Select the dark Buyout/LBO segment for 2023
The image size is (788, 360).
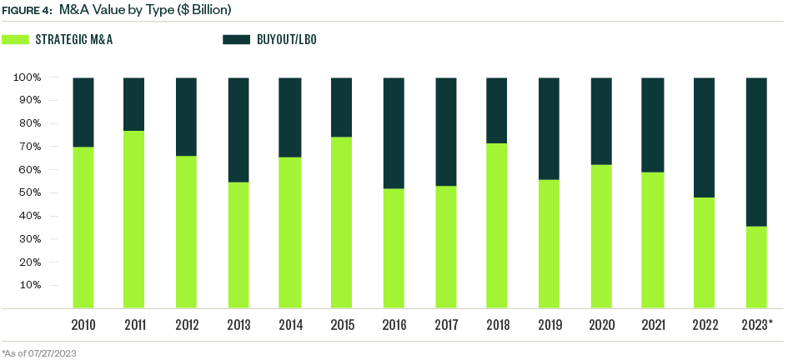click(757, 152)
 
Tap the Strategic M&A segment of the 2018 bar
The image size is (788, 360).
click(497, 225)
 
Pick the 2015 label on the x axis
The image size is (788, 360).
click(342, 325)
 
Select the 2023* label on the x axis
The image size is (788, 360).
click(756, 325)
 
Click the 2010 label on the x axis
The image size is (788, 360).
click(83, 325)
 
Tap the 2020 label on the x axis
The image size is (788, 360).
click(601, 325)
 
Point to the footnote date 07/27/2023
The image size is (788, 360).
click(52, 352)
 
